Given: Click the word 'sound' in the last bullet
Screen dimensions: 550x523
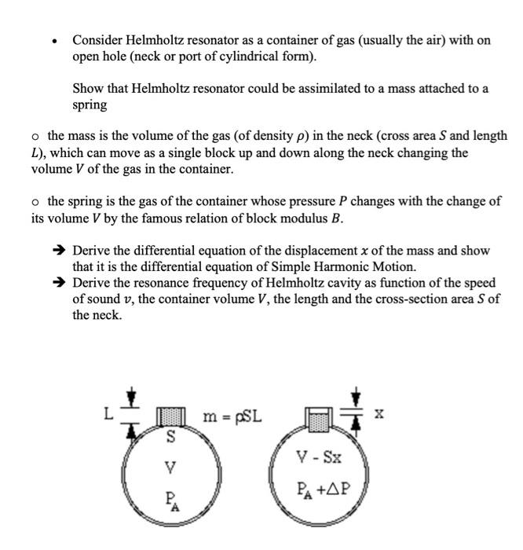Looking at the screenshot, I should [x=90, y=300].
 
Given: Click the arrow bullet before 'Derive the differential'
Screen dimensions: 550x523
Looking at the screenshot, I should [x=59, y=251].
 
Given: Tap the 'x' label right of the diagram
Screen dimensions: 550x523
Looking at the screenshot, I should [x=379, y=413].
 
